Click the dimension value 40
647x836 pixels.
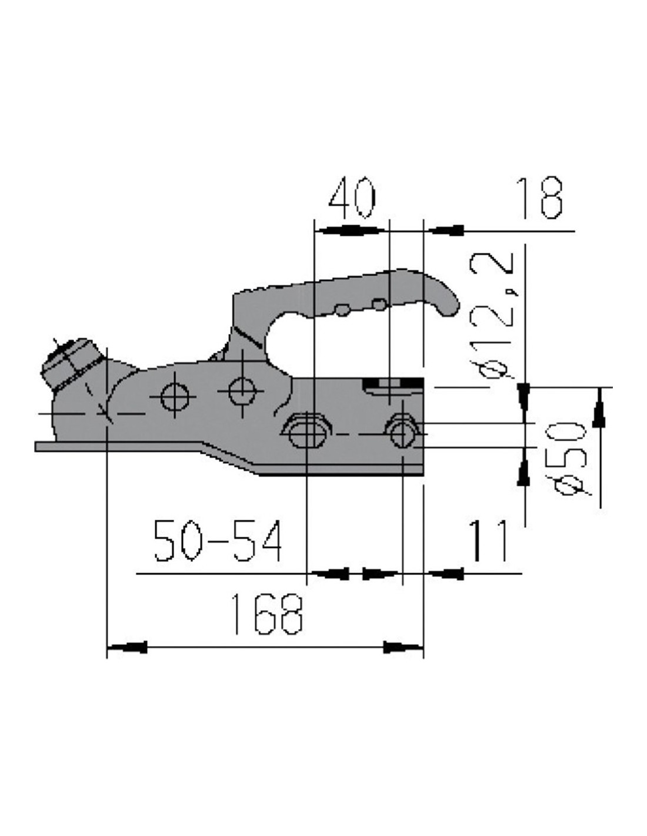[351, 198]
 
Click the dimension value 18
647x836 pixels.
[539, 198]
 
